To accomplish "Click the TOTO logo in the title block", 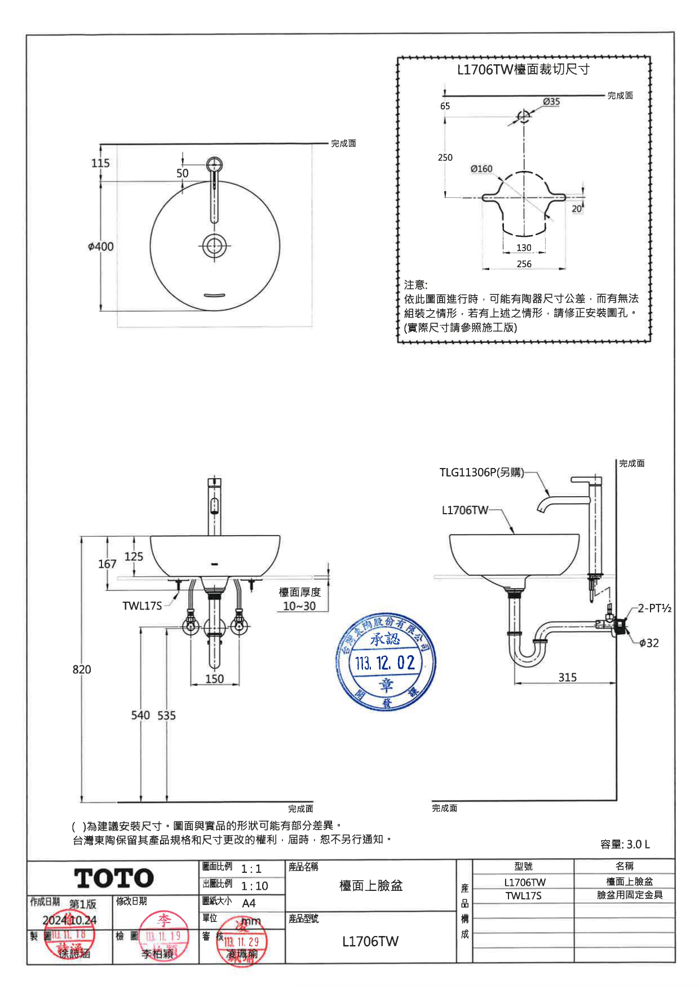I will pos(114,878).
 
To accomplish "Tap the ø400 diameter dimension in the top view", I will pos(101,246).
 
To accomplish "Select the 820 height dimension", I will pos(82,669).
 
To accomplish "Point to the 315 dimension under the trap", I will pos(567,677).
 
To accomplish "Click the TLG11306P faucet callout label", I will pos(481,473).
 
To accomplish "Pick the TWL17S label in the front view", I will pos(142,606).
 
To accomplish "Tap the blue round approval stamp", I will pos(386,661).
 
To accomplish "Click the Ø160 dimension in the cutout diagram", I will pos(481,169).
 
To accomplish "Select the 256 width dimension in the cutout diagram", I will pos(524,264).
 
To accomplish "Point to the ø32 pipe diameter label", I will pos(649,643).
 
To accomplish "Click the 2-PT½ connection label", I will pos(654,608).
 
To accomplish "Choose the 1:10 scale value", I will pos(254,886).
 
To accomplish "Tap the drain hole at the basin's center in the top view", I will pos(214,246).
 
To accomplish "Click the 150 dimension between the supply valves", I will pos(214,679).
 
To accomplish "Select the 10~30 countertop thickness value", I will pos(299,606).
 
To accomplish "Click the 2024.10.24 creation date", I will pos(69,920).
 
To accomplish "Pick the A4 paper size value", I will pos(249,903).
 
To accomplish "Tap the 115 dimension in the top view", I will pos(100,163).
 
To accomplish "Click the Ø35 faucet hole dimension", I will pos(551,101).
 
